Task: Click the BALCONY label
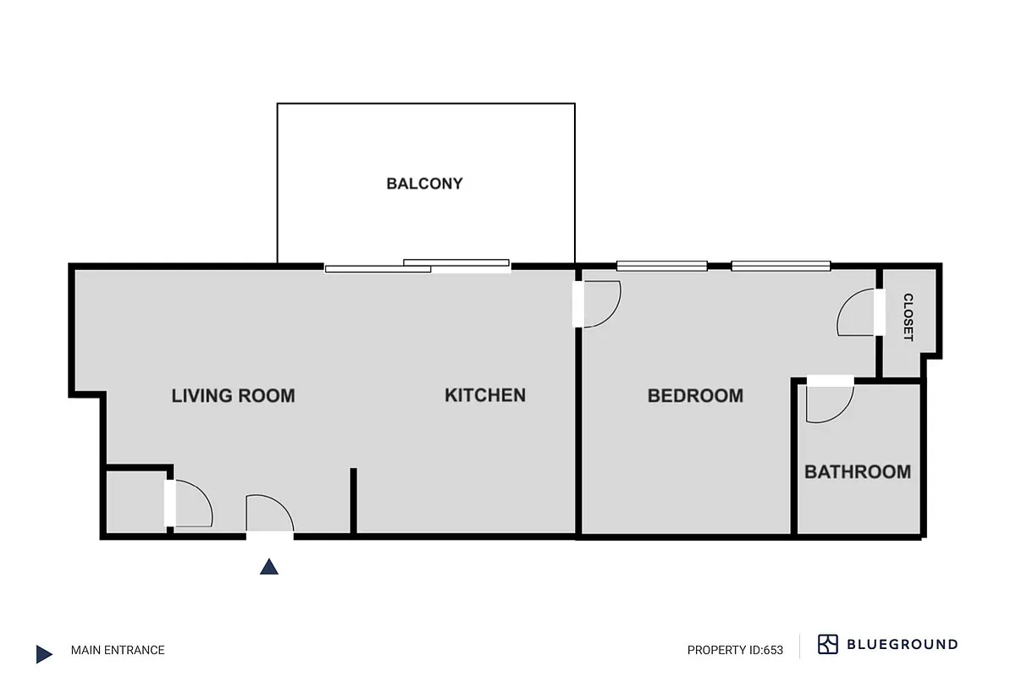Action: tap(424, 184)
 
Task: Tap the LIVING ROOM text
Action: tap(233, 395)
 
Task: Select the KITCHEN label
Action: tap(485, 395)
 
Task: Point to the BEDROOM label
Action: tap(695, 395)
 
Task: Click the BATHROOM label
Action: tap(857, 472)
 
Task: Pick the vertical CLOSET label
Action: tap(908, 317)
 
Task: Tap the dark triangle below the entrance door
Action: tap(269, 567)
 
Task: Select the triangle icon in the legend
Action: tap(44, 653)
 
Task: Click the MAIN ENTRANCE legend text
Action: tap(118, 650)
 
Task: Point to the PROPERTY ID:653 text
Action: tap(735, 650)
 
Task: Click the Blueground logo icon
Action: tap(827, 644)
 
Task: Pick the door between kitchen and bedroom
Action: tap(599, 303)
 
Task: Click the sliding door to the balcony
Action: tap(417, 267)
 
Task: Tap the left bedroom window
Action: tap(661, 266)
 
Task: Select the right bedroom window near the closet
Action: tap(781, 266)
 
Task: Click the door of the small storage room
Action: tap(190, 504)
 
